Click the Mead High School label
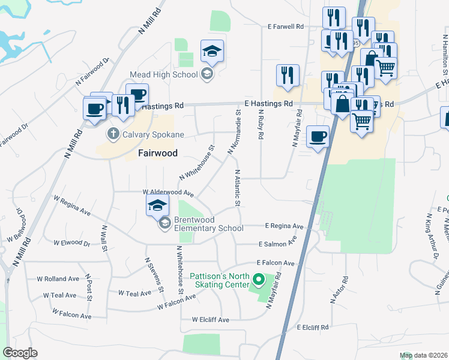coord(164,74)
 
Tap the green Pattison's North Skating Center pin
coord(259,280)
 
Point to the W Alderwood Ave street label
coord(168,193)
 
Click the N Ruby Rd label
coord(261,124)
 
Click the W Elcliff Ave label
coord(210,320)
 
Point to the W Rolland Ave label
coord(58,279)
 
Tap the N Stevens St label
coord(154,274)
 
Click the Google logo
coord(20,353)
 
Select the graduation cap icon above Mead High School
coord(212,53)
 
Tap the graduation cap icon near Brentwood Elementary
coord(158,206)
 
